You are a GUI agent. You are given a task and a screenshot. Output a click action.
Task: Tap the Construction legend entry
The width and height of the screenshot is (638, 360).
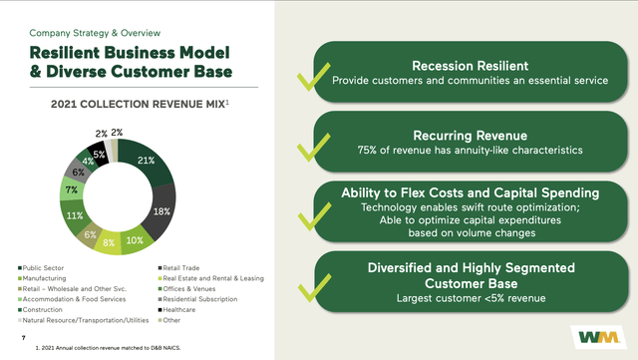(x=46, y=310)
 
